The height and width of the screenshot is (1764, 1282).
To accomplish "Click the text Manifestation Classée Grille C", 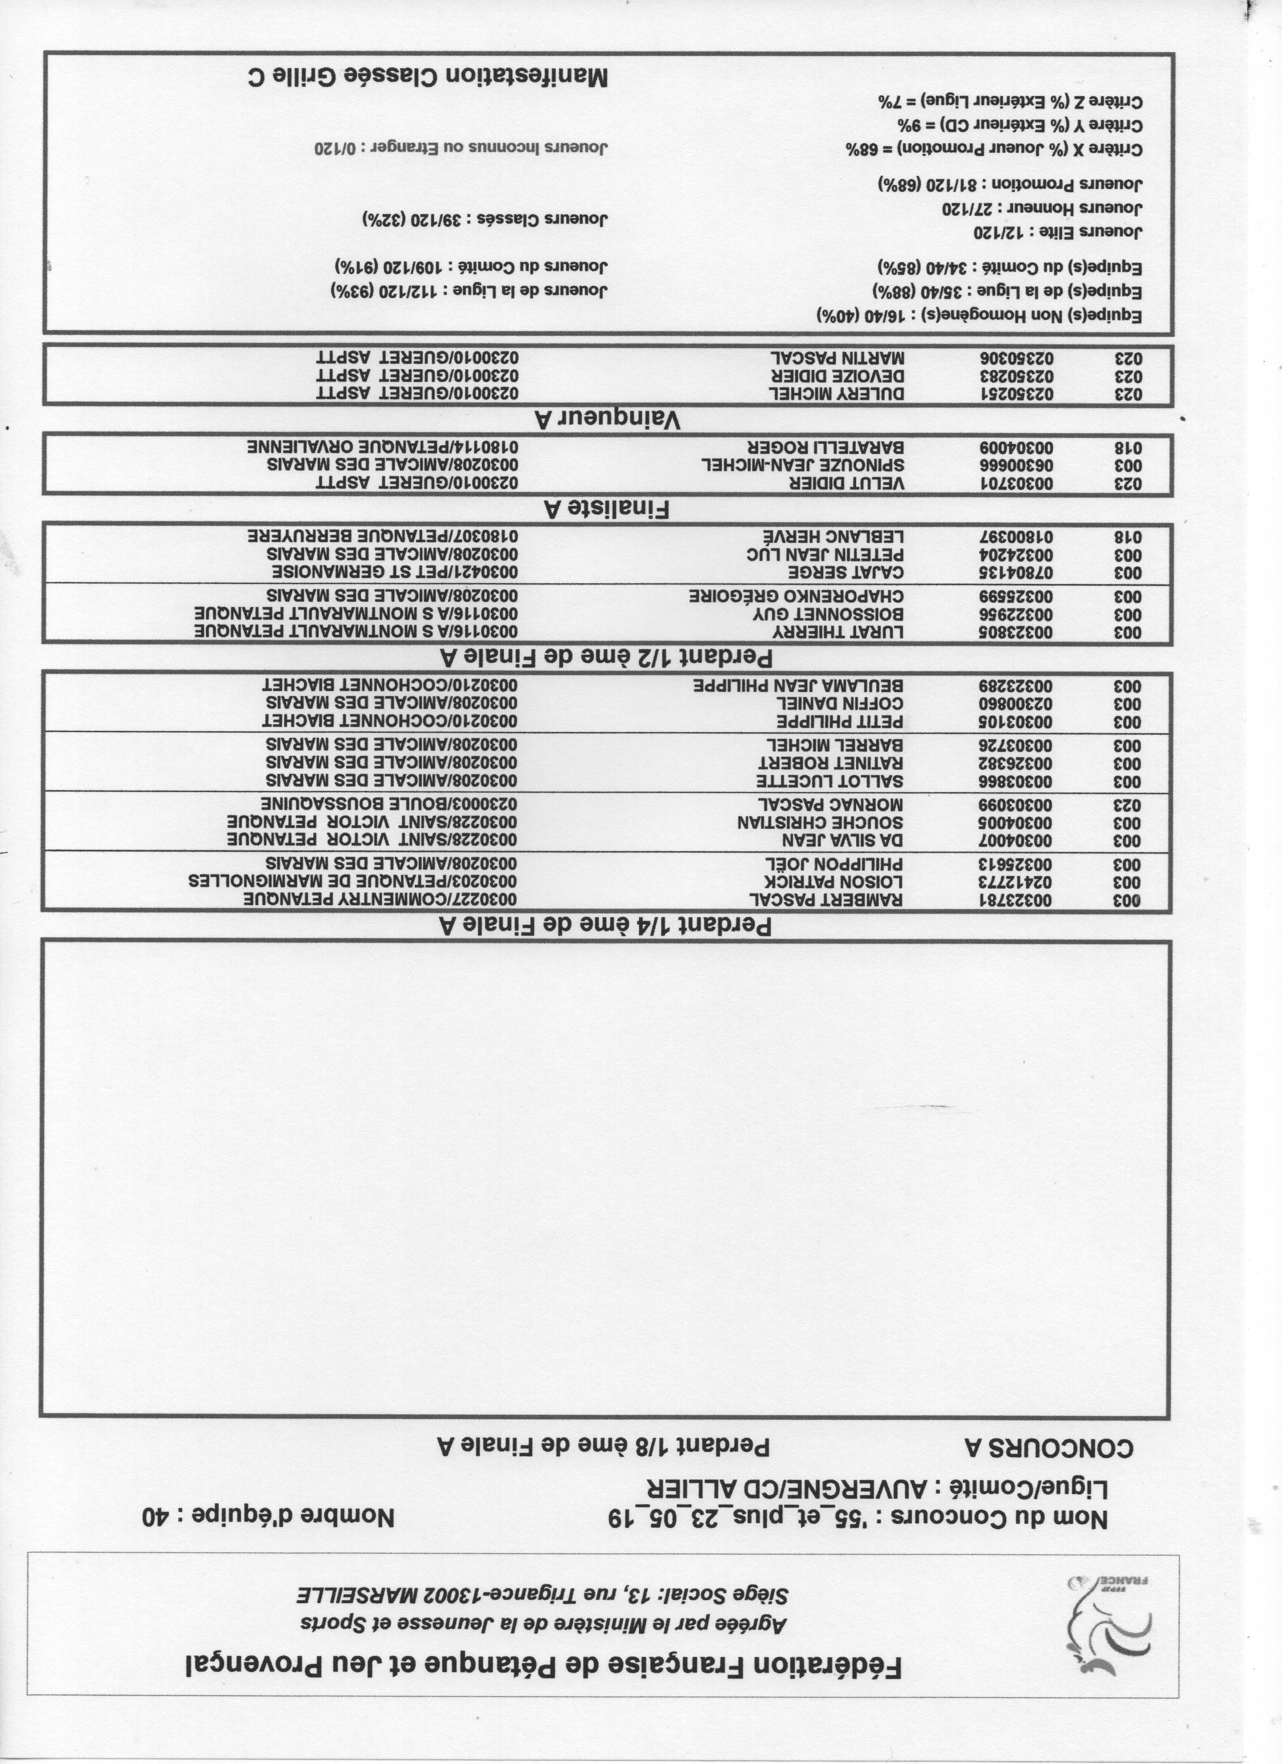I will point(427,76).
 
